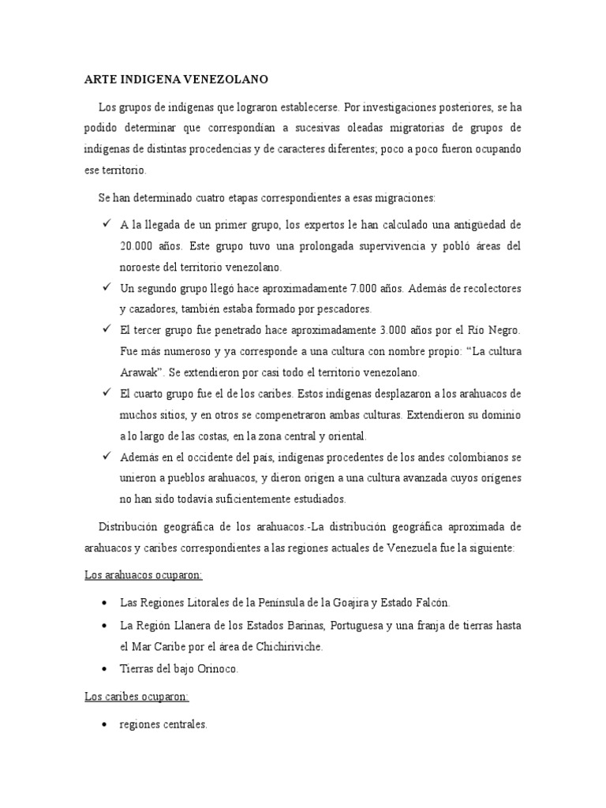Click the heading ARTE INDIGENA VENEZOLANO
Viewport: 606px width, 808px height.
point(176,80)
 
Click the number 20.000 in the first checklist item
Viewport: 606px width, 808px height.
point(137,246)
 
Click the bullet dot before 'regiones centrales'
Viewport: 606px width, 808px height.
point(104,724)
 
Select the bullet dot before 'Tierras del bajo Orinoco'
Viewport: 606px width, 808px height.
point(104,669)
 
